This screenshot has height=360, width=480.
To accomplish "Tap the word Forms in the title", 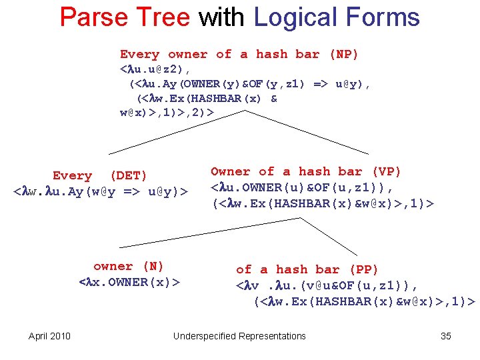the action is [385, 17].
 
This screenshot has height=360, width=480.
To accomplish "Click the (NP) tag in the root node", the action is [344, 54].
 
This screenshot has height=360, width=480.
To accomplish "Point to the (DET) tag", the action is [129, 175].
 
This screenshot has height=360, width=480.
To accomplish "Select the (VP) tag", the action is [387, 171].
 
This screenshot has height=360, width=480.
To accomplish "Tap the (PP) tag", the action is [364, 269].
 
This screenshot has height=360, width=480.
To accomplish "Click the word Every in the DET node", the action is [72, 175].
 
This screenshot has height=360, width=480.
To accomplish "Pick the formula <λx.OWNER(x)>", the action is [129, 282].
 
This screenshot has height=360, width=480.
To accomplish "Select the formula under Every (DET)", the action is [101, 192].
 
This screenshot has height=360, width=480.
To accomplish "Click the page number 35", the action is [446, 336].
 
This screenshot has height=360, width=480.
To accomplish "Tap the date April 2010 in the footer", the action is [49, 336].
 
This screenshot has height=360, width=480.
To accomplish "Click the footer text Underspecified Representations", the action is [239, 336].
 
